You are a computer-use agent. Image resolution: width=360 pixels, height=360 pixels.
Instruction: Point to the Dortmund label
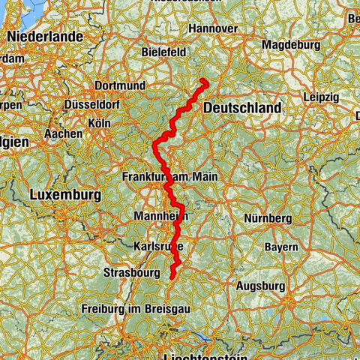pos(119,86)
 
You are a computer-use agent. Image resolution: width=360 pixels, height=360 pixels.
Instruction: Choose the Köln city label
pos(100,122)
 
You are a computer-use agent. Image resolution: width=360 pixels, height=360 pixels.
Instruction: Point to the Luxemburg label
pos(66,195)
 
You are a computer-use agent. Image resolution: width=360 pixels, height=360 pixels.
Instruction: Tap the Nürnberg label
pos(267,218)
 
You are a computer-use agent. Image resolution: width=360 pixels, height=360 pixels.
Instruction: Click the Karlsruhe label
pos(158,246)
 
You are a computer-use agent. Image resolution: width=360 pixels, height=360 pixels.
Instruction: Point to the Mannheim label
pos(159,217)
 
